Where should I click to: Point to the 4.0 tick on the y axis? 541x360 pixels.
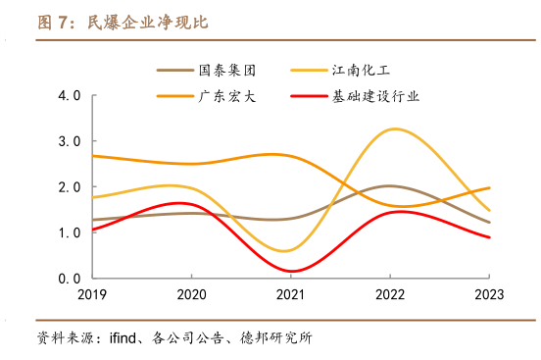(x=70, y=96)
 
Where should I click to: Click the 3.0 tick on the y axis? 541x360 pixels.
(x=70, y=141)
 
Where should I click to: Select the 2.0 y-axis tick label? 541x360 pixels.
(x=70, y=187)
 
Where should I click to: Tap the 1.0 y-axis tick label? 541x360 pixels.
(x=70, y=232)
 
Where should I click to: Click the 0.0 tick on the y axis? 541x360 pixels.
(x=70, y=278)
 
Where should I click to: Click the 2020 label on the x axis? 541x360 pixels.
(x=191, y=294)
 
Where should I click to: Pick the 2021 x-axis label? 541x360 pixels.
(x=290, y=294)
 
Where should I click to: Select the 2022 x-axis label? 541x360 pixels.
(x=390, y=294)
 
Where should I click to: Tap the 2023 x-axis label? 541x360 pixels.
(x=489, y=294)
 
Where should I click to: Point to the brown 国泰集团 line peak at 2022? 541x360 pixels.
(x=390, y=185)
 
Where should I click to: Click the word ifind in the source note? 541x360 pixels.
(x=124, y=339)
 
